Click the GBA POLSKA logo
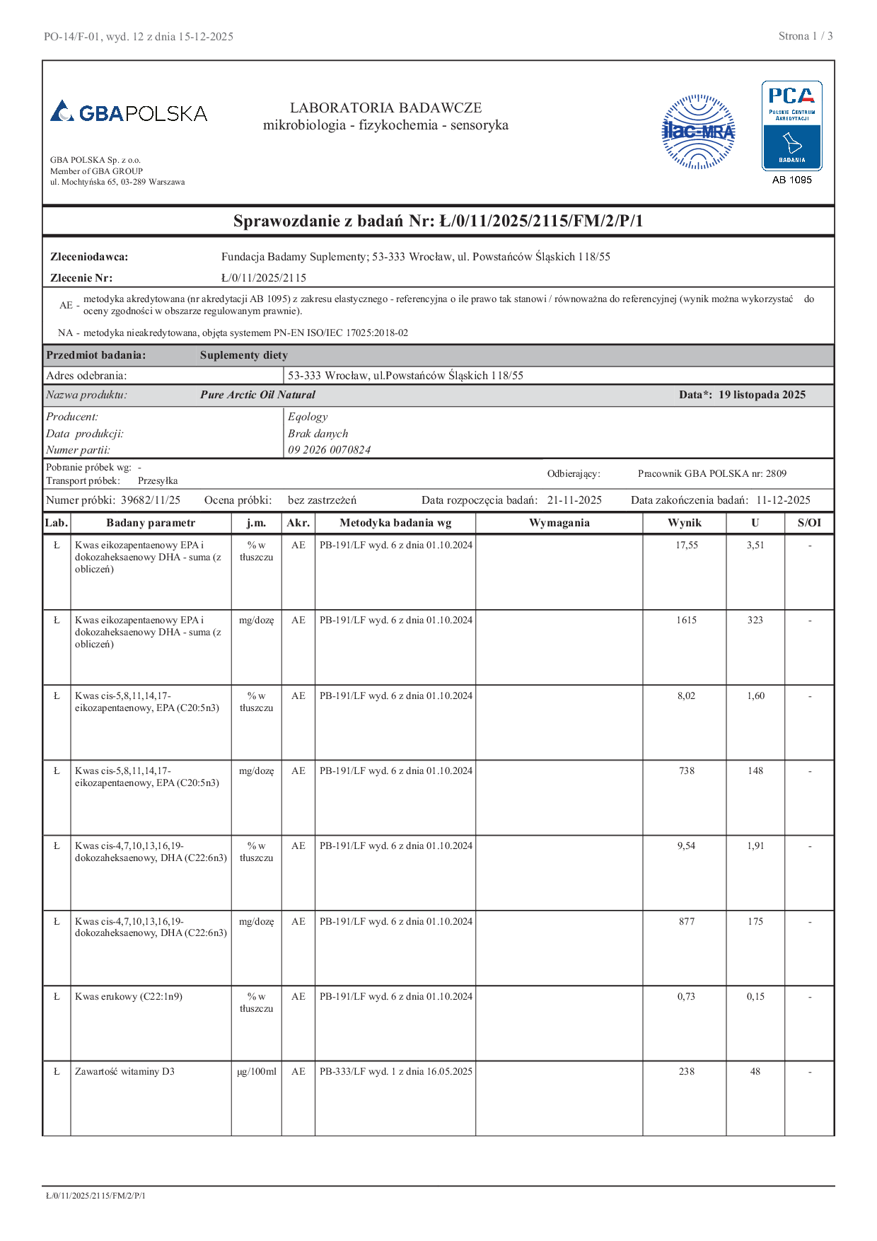129,112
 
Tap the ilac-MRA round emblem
698,132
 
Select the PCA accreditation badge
791,126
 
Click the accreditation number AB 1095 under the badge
791,180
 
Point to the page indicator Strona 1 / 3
805,36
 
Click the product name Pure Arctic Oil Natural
257,395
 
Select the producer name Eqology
308,417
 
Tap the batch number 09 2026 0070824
329,450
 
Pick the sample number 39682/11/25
151,500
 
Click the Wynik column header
685,523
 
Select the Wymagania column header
559,523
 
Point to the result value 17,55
686,546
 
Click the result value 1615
686,620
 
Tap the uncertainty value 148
755,771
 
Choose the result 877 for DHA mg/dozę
686,922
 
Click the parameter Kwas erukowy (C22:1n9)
129,997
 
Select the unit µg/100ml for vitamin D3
257,1072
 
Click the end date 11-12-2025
783,500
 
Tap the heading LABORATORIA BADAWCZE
385,108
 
